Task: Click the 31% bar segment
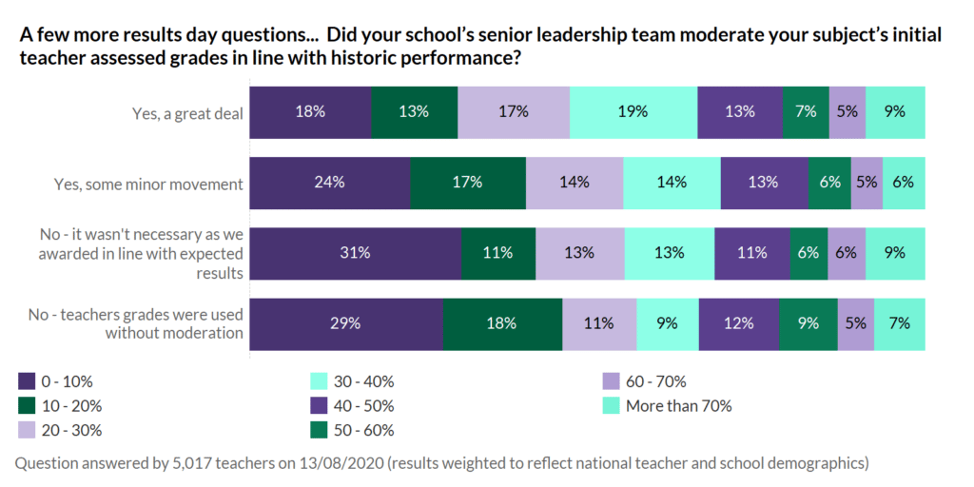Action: pyautogui.click(x=356, y=253)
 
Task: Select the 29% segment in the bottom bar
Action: pyautogui.click(x=346, y=323)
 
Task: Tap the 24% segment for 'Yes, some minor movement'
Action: pyautogui.click(x=329, y=183)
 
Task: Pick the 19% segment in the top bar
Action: pyautogui.click(x=633, y=111)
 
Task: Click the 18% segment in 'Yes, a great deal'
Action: pyautogui.click(x=310, y=111)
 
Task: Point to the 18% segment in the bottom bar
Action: pyautogui.click(x=501, y=323)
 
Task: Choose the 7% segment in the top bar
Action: pyautogui.click(x=806, y=111)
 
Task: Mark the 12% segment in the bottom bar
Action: pyautogui.click(x=738, y=323)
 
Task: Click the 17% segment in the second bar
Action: pyautogui.click(x=467, y=183)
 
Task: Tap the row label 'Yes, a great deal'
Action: pyautogui.click(x=187, y=112)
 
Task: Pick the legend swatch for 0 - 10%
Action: pyautogui.click(x=28, y=381)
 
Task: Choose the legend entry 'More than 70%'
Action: pyautogui.click(x=678, y=406)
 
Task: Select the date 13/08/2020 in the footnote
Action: pyautogui.click(x=362, y=463)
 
